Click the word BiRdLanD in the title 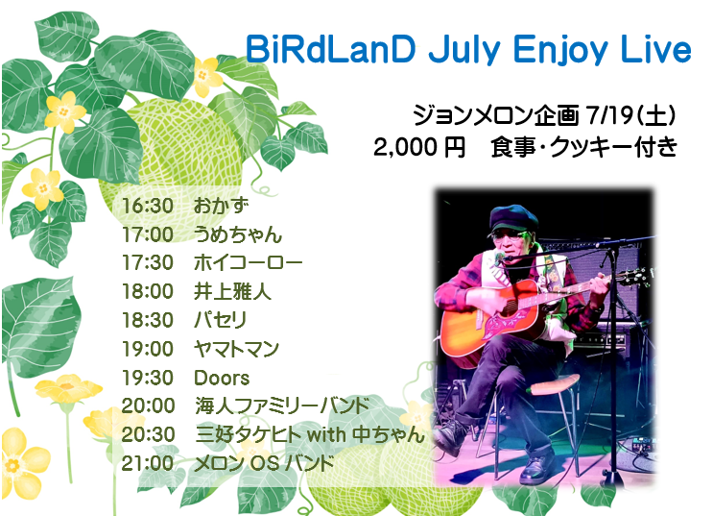pos(330,49)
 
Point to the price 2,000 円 pos(419,148)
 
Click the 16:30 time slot pos(148,206)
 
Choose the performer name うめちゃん pos(238,234)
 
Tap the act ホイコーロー pos(249,263)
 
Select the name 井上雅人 pos(232,291)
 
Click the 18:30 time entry pos(148,320)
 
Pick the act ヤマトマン pos(236,349)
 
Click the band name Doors pos(222,378)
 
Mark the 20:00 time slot pos(148,405)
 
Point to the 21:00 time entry pos(148,463)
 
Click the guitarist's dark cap pos(513,218)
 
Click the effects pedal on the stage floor pos(642,446)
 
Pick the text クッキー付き pos(613,148)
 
